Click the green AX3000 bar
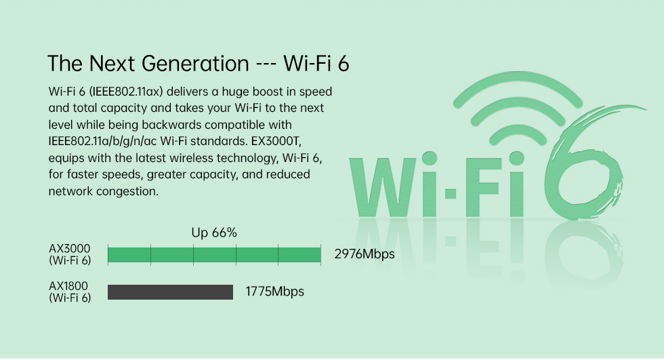[x=214, y=255]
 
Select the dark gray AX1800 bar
[x=170, y=292]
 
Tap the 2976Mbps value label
[x=365, y=254]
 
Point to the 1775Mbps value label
[x=275, y=292]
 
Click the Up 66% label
[x=214, y=233]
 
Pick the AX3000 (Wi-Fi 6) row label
[x=70, y=254]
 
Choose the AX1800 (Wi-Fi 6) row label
[x=70, y=292]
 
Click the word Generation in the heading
[x=195, y=64]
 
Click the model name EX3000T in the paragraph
[x=276, y=141]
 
